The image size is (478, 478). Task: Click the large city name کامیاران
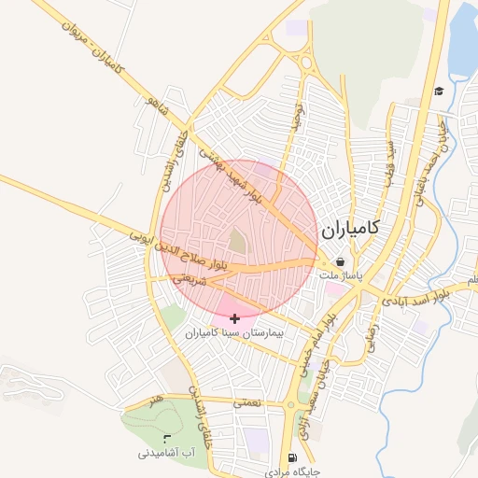coord(350,228)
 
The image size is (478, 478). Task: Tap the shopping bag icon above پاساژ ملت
coord(340,262)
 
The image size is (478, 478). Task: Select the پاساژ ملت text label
coord(340,277)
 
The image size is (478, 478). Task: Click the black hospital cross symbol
coord(233,318)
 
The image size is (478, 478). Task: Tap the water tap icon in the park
coord(167,438)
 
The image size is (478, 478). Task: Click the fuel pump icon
coord(293,458)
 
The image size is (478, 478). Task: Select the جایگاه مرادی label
coord(294,472)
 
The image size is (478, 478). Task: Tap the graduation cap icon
coord(439,91)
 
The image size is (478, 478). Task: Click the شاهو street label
coord(153,112)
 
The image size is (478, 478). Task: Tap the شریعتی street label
coord(188,278)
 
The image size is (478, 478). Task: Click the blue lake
coord(463,42)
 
